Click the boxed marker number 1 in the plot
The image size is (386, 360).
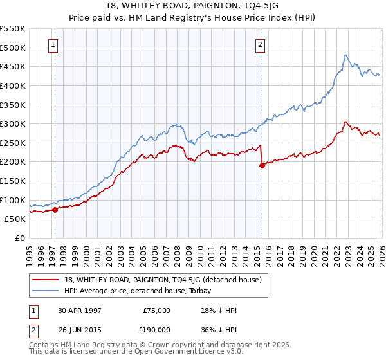pyautogui.click(x=52, y=45)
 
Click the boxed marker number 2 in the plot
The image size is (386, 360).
pyautogui.click(x=260, y=45)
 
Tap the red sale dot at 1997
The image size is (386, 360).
pyautogui.click(x=55, y=209)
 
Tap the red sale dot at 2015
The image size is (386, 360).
pyautogui.click(x=261, y=165)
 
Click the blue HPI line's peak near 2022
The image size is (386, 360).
pyautogui.click(x=345, y=55)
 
